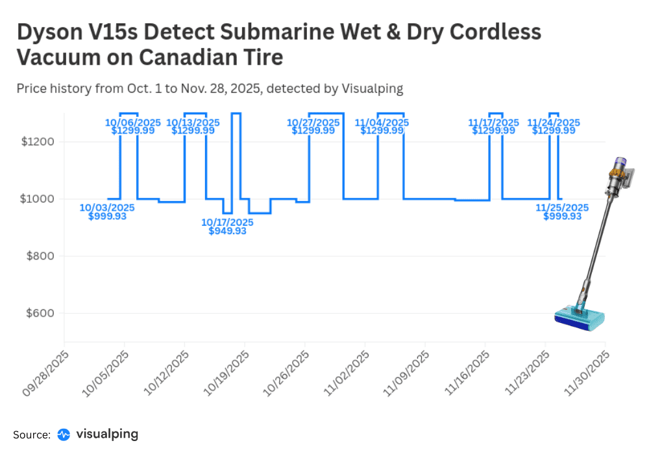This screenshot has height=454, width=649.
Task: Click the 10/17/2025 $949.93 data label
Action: click(227, 226)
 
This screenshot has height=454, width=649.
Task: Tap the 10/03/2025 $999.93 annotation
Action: click(107, 212)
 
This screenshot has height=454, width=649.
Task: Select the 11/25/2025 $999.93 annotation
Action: click(562, 212)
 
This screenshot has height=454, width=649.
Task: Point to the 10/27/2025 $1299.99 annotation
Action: click(313, 126)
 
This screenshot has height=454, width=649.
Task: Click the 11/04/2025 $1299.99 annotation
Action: click(382, 126)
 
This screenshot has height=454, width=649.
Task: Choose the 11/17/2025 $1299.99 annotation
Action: click(494, 126)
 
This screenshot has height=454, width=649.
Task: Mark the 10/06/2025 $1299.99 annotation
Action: click(133, 126)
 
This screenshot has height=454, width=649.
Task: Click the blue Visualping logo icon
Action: click(64, 434)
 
